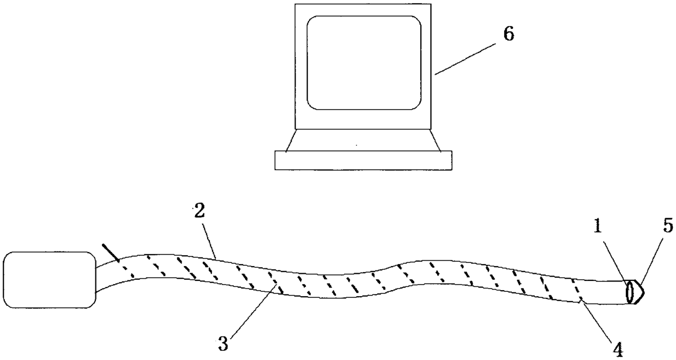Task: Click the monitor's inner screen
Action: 364,62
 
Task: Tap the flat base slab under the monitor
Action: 363,160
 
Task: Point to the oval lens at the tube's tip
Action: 631,291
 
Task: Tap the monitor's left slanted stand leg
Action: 290,140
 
